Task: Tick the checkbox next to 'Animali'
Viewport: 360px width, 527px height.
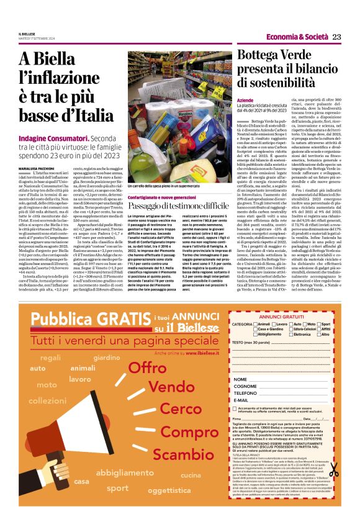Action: coord(254,324)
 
